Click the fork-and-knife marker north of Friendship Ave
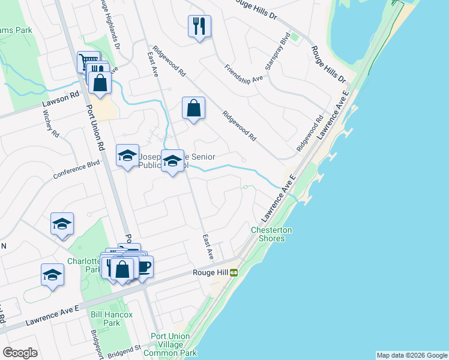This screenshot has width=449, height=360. (199, 27)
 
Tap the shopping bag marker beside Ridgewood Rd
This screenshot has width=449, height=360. (193, 109)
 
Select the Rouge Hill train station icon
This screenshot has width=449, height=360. (234, 272)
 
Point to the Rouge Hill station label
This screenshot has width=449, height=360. (209, 272)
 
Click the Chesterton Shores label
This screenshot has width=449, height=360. (271, 234)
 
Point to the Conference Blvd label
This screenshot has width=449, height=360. (76, 170)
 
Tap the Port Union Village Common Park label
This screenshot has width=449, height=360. (174, 345)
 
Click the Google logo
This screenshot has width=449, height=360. (20, 352)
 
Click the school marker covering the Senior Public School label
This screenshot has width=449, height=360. (172, 161)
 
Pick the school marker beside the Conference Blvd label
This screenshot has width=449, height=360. (127, 157)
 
